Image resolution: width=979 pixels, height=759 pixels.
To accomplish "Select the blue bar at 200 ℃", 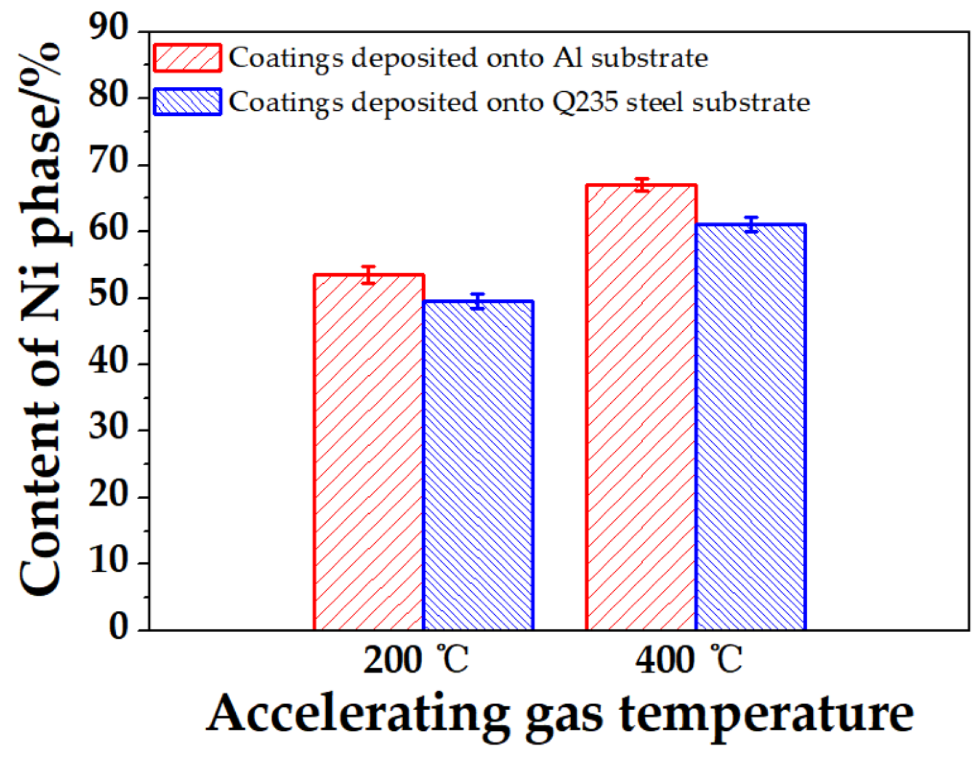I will (x=478, y=466).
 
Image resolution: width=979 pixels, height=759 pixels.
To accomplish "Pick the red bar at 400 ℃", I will (x=641, y=408).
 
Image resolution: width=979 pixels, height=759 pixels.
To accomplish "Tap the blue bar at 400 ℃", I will (x=751, y=428).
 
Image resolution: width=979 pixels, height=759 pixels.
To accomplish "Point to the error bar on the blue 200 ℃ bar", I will (x=478, y=301).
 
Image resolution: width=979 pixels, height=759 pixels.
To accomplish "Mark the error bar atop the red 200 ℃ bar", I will (x=368, y=275).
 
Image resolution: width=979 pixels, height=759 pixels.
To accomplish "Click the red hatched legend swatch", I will (x=187, y=58).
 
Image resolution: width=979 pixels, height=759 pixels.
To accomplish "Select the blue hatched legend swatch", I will (x=187, y=102).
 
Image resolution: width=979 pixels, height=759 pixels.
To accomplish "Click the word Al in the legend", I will (x=567, y=58).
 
